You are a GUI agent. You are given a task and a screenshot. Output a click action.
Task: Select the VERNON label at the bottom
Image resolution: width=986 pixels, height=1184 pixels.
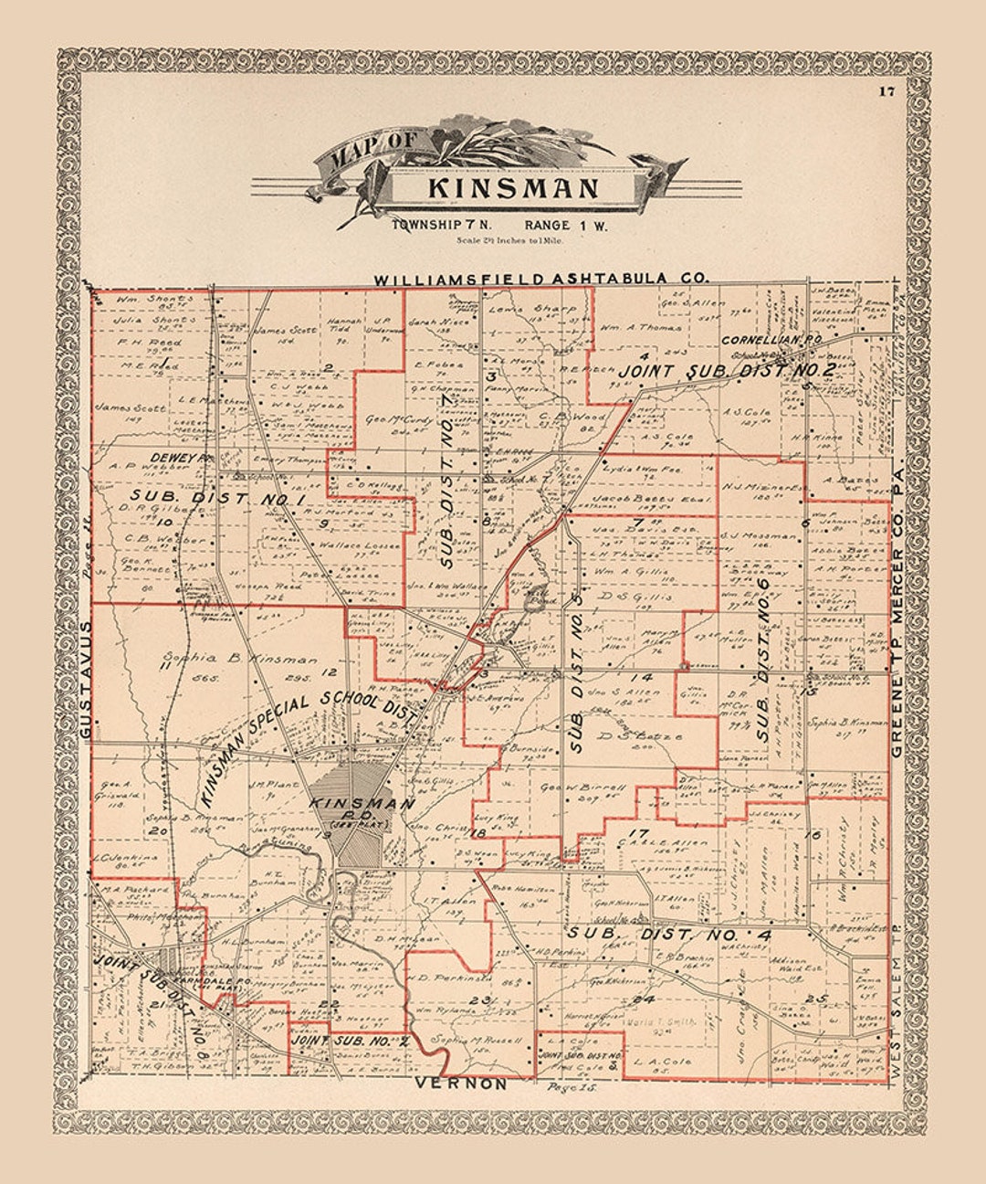click(460, 1084)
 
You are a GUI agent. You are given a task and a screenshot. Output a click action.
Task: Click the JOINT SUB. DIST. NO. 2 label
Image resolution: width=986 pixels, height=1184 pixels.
click(727, 371)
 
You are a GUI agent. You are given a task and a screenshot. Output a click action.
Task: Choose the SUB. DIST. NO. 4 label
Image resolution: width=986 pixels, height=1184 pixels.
click(668, 935)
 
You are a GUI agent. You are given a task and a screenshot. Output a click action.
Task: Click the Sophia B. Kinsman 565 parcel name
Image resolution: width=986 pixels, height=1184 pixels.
click(239, 659)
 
